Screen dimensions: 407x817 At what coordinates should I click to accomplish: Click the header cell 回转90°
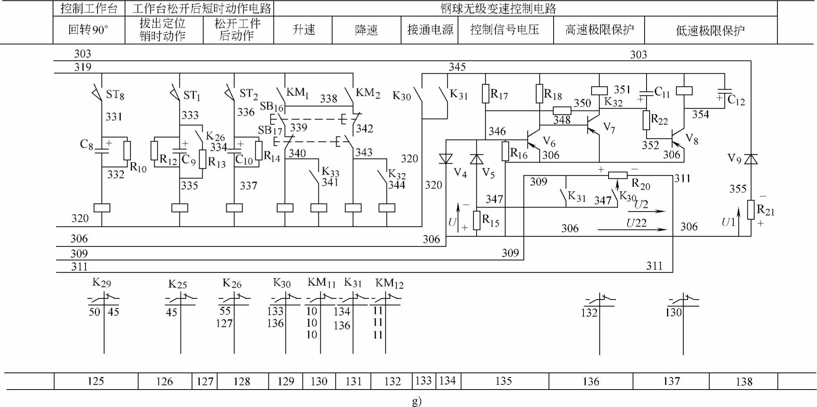coord(88,30)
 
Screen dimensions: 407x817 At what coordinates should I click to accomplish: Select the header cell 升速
coord(303,30)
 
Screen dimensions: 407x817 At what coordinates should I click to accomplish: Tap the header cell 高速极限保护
coord(599,30)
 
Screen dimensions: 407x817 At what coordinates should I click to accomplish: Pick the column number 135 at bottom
coord(503,381)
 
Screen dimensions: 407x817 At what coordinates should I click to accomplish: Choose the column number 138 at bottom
coord(744,382)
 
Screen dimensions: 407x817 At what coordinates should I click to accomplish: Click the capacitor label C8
coord(86,144)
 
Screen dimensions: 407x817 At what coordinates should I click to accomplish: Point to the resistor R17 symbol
coord(485,94)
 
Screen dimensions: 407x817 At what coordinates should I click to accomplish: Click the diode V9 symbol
coord(751,159)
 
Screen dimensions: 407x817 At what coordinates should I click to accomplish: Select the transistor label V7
coord(609,128)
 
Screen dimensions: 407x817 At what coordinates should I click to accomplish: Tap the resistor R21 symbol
coord(751,210)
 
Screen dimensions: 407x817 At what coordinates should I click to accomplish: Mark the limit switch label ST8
coord(115,94)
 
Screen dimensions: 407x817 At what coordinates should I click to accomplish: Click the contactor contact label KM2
coord(367,93)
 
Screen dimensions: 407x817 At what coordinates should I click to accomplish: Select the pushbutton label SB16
coord(272,106)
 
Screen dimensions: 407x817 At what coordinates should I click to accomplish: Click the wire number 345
coord(457,67)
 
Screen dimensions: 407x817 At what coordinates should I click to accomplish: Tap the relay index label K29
coord(101,282)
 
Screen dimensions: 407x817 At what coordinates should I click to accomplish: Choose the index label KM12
coord(389,283)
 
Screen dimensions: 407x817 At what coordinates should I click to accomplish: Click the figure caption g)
coord(416,400)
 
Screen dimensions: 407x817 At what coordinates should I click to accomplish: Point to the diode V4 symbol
coord(446,159)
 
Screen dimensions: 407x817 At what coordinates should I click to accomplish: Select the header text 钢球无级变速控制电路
coord(498,9)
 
